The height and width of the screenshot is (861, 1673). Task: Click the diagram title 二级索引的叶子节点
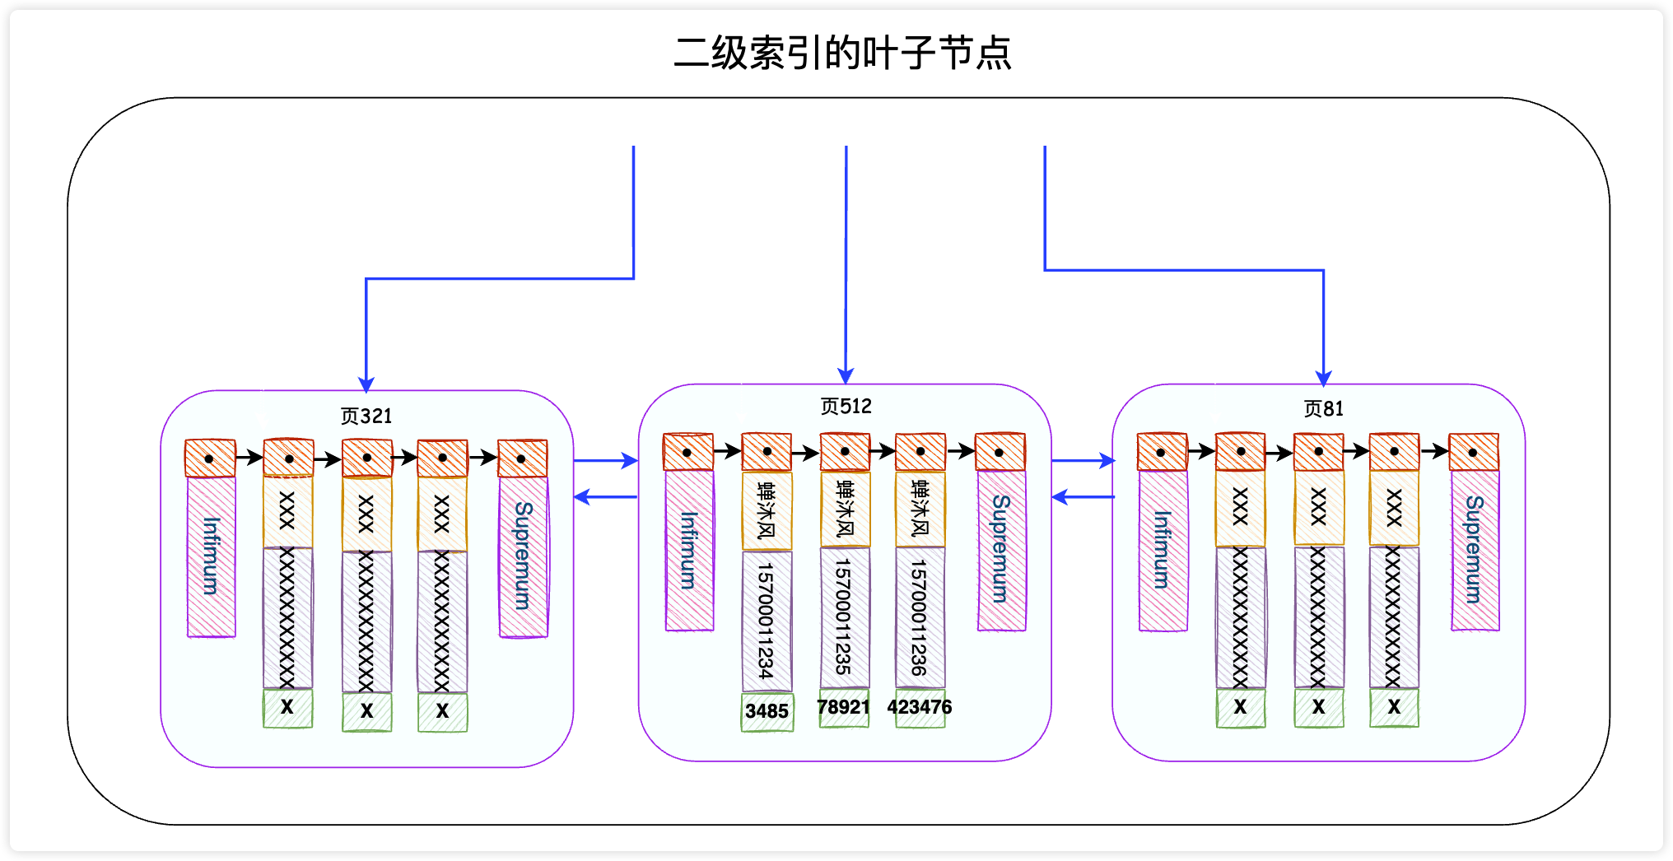point(842,54)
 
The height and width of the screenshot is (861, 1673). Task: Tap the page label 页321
point(366,416)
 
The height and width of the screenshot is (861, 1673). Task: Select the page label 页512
point(846,406)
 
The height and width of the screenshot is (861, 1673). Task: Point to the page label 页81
point(1323,408)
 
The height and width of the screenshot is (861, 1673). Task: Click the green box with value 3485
point(767,711)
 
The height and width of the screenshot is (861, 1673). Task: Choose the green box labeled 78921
point(844,708)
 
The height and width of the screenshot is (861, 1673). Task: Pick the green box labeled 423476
point(920,708)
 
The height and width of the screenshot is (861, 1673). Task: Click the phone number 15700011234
point(767,621)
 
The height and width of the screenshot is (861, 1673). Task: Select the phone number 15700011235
point(844,617)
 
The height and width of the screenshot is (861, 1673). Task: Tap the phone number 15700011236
point(920,617)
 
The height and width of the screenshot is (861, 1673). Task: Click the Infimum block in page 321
point(212,556)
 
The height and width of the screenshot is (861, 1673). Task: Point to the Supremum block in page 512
point(1001,549)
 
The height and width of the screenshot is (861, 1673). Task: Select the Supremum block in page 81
point(1475,549)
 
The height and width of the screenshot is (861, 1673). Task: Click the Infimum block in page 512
point(689,549)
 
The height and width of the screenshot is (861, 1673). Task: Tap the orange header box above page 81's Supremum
point(1473,452)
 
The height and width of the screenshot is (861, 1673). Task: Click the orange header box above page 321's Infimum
point(210,458)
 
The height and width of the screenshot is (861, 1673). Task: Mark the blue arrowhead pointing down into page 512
point(846,376)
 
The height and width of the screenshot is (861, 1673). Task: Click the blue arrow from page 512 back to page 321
point(605,497)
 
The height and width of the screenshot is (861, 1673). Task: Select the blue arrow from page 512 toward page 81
point(1083,461)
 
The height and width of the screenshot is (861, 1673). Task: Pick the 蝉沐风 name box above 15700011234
point(767,510)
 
